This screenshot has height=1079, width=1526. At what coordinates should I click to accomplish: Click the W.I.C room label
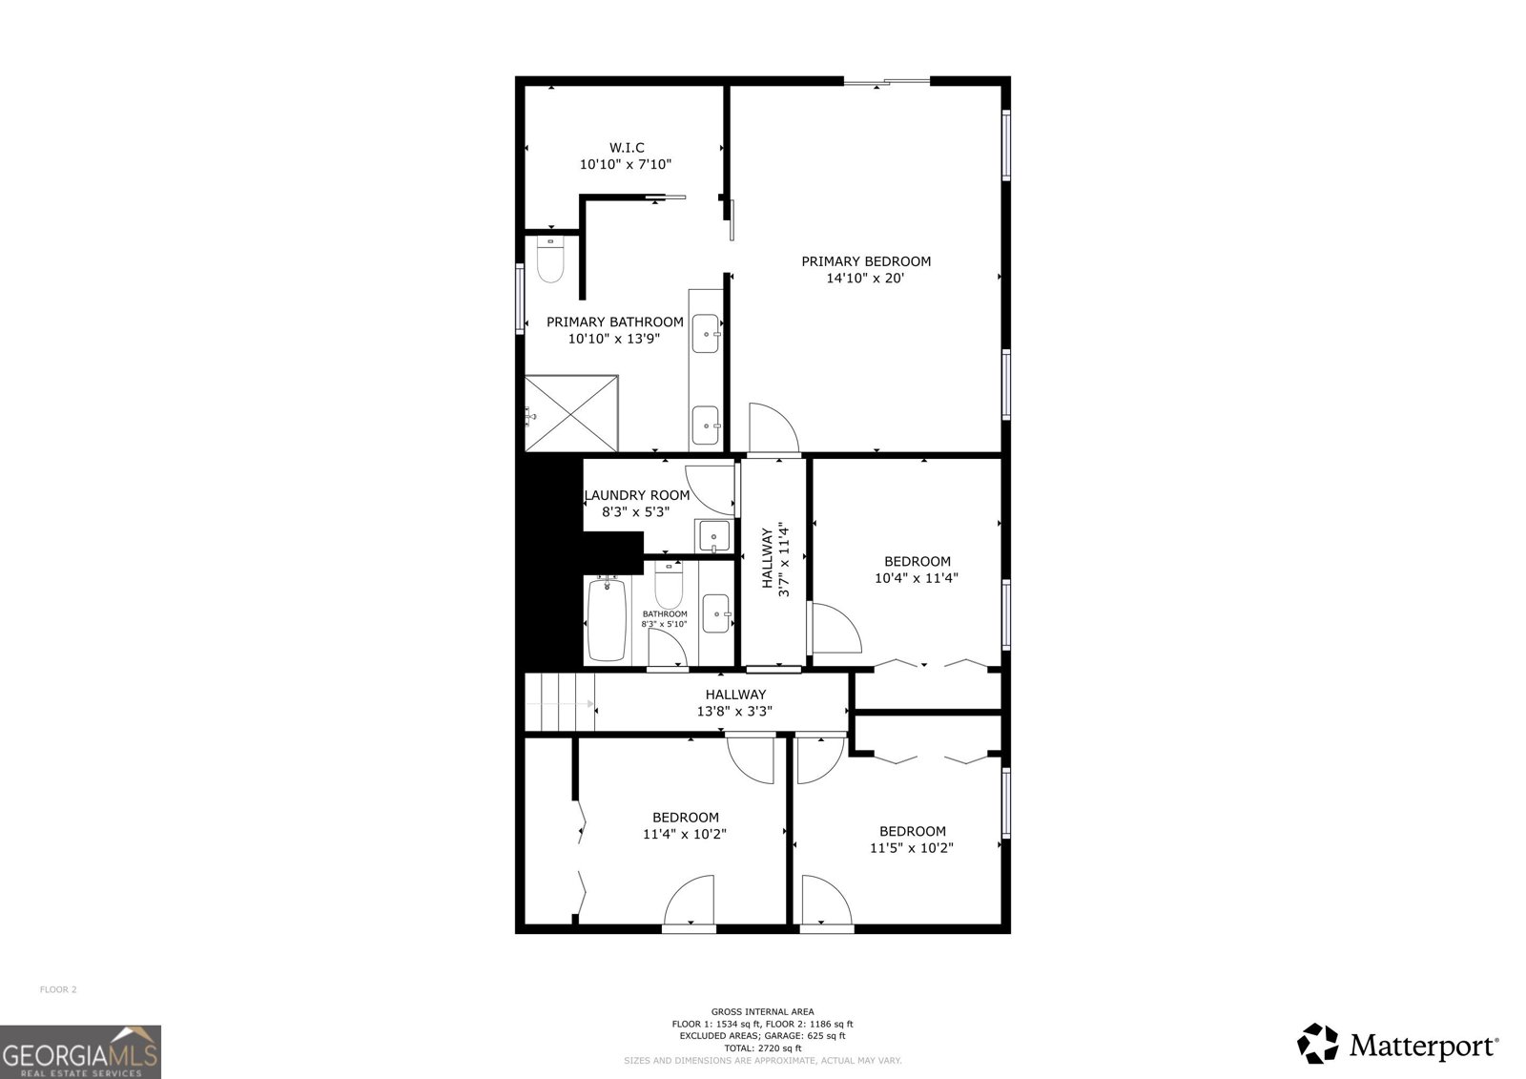coord(626,147)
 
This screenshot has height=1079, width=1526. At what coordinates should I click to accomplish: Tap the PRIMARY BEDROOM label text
coord(866,261)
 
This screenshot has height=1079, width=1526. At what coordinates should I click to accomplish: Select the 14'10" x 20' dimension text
coord(865,279)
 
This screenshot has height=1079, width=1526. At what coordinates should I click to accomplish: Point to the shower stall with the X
coord(571,413)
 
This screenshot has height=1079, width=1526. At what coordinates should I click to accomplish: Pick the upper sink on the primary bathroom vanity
coord(706,333)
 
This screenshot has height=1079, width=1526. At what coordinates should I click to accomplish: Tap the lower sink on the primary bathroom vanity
coord(706,425)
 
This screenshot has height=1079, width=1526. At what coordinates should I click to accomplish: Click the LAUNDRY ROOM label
coord(638,495)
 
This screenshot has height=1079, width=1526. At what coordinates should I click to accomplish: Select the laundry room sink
coord(714,536)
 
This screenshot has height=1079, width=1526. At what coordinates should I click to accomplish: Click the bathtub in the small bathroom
coord(607,619)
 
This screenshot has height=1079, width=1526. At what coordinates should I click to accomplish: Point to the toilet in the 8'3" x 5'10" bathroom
coord(669,585)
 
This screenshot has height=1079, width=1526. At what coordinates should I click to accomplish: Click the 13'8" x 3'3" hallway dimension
coord(734,712)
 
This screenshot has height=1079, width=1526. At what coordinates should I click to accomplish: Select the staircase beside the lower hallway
coord(559,703)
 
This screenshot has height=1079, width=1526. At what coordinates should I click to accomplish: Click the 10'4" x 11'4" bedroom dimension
coord(917,578)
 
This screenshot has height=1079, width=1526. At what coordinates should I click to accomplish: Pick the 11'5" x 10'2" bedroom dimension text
coord(912,848)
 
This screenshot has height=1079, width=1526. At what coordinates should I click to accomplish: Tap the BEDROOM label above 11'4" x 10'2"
coord(686,818)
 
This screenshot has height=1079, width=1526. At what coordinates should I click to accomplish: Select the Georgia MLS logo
coord(80,1051)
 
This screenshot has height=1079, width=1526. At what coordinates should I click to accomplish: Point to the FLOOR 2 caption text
coord(58,989)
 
